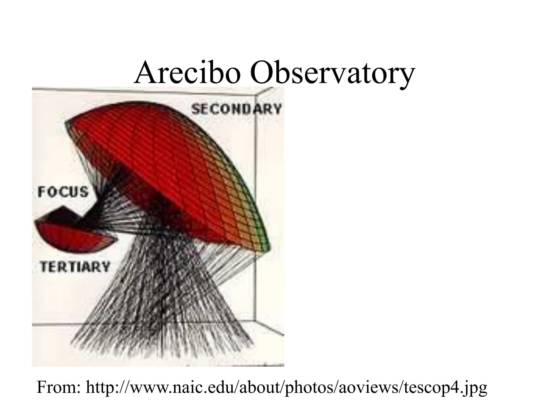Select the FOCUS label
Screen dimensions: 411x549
pyautogui.click(x=63, y=192)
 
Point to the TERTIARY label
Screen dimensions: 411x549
pyautogui.click(x=75, y=267)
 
